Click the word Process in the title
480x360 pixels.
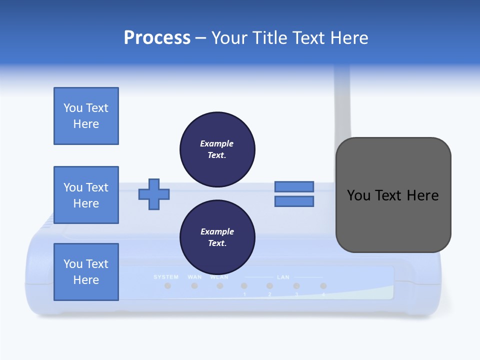157,38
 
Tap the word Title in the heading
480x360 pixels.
271,38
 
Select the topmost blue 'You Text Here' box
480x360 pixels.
86,116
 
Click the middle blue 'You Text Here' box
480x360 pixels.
86,195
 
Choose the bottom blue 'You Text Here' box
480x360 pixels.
86,272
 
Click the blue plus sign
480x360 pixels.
154,194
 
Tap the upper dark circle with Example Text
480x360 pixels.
217,149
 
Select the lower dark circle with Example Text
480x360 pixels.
217,237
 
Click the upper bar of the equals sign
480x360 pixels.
294,186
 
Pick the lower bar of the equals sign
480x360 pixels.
294,201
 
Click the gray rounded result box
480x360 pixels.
393,195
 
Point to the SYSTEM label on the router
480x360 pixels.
166,277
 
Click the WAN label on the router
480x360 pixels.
194,277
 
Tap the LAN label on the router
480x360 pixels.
283,277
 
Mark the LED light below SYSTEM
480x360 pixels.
168,286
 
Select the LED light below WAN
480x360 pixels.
194,286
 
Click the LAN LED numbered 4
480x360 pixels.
323,286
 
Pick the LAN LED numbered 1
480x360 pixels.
244,286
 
